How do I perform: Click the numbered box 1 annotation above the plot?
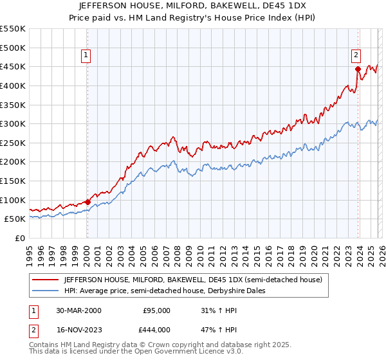(x=86, y=56)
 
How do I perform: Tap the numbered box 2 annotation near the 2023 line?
(x=356, y=56)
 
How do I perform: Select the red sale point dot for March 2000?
(x=87, y=202)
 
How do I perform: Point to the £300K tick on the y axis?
(x=13, y=123)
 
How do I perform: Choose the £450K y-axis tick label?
(x=13, y=66)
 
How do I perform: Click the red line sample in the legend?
(x=44, y=280)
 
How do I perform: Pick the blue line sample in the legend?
(x=44, y=291)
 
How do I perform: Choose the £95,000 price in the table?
(x=156, y=310)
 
